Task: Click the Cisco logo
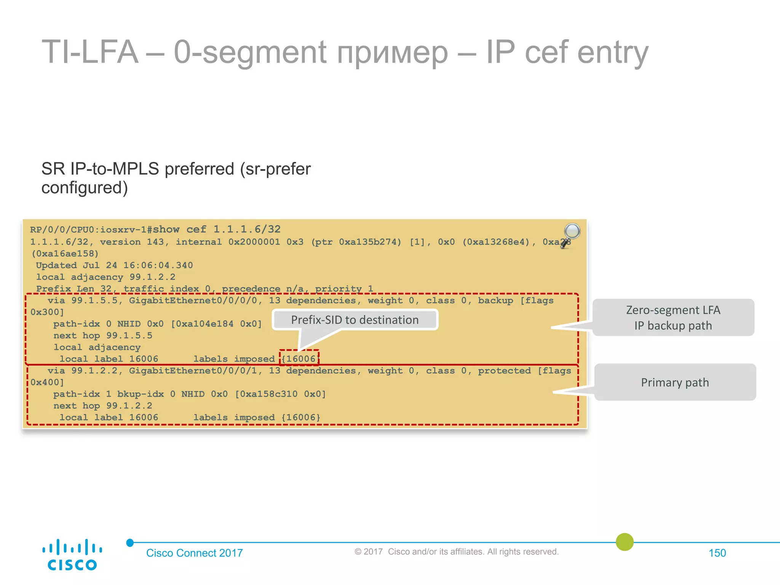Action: coord(72,555)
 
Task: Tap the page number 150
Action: coord(717,553)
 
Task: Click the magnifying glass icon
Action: coord(571,235)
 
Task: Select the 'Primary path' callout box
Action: coord(675,382)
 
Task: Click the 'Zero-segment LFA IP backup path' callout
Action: coord(673,318)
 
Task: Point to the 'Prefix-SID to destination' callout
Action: coord(355,320)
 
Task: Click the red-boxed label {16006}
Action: coord(299,358)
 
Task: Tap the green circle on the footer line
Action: coord(625,542)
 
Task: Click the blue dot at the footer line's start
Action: coord(130,542)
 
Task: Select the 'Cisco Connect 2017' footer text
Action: coord(194,553)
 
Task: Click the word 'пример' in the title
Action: coord(392,53)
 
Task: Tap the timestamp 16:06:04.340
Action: coord(158,265)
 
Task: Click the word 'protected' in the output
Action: coord(504,371)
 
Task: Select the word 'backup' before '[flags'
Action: coord(495,300)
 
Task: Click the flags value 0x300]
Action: coord(47,312)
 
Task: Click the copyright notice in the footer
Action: coord(456,551)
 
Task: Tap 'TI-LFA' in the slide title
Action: coord(90,52)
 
